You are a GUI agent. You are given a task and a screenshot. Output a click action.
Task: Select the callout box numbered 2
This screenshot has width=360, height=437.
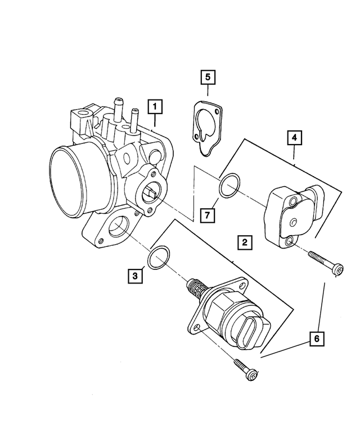(x=244, y=243)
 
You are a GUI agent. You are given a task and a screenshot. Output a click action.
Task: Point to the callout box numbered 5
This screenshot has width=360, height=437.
(x=207, y=76)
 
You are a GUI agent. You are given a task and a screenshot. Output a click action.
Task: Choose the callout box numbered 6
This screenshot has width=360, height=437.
(x=317, y=339)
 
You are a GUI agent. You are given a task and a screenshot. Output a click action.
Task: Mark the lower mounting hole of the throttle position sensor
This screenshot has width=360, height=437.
(x=290, y=241)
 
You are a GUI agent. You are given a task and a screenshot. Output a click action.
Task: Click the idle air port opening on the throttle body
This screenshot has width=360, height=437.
(x=119, y=229)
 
